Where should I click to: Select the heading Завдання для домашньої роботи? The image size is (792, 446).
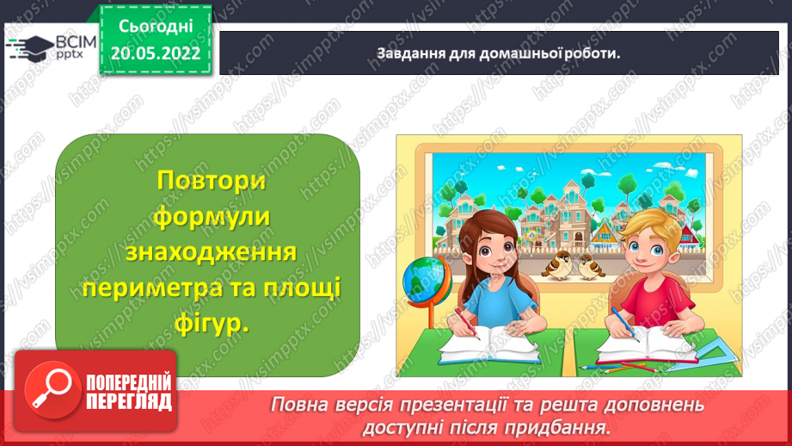coord(499,53)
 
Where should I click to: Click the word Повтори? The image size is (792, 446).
coord(208,182)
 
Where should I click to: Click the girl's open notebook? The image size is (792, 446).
coord(487,346)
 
